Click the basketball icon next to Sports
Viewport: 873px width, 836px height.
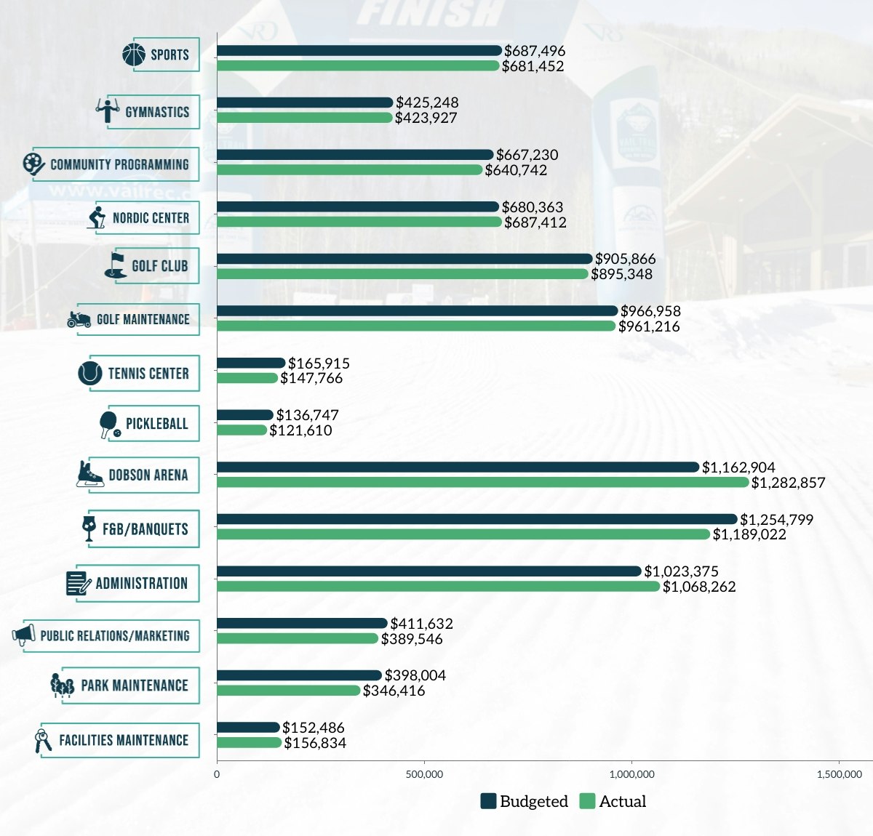pyautogui.click(x=134, y=55)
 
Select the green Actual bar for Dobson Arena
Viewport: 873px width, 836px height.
pyautogui.click(x=482, y=482)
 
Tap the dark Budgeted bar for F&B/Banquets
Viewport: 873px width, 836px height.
pyautogui.click(x=477, y=519)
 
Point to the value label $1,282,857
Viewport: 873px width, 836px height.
pyautogui.click(x=788, y=483)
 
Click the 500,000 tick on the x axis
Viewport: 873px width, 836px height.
pyautogui.click(x=424, y=774)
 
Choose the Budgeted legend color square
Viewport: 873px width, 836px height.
pyautogui.click(x=488, y=801)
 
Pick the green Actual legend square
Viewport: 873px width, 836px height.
pyautogui.click(x=587, y=801)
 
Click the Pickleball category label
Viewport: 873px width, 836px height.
pyautogui.click(x=156, y=424)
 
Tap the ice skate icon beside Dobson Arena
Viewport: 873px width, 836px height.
pyautogui.click(x=90, y=474)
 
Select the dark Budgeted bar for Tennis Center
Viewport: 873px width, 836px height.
pyautogui.click(x=251, y=363)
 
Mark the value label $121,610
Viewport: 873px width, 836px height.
pyautogui.click(x=300, y=430)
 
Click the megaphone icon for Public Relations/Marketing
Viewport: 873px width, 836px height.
pyautogui.click(x=24, y=635)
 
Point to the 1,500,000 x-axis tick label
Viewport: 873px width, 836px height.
pyautogui.click(x=839, y=774)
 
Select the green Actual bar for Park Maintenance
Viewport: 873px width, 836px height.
pyautogui.click(x=288, y=690)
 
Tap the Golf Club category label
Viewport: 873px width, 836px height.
pyautogui.click(x=159, y=266)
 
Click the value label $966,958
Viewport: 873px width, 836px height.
pyautogui.click(x=650, y=311)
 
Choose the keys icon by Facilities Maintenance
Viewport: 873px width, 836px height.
pyautogui.click(x=44, y=740)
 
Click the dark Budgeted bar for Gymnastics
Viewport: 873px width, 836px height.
pyautogui.click(x=305, y=103)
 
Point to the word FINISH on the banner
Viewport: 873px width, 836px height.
pyautogui.click(x=429, y=13)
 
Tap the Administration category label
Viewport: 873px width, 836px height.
pyautogui.click(x=141, y=583)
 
